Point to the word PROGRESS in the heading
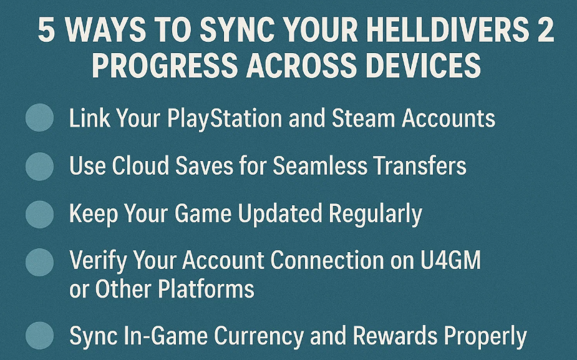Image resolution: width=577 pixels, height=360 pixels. click(x=165, y=65)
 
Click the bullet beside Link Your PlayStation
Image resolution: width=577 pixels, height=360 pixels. click(x=39, y=117)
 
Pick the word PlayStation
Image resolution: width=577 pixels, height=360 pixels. click(x=225, y=119)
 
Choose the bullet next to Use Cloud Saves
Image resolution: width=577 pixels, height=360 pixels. click(x=39, y=167)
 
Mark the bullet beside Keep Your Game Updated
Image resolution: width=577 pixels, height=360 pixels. click(x=39, y=214)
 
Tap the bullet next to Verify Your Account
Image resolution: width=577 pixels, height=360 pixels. click(x=39, y=262)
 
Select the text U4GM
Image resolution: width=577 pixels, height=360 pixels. click(x=451, y=260)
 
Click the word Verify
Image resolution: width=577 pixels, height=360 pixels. click(x=99, y=261)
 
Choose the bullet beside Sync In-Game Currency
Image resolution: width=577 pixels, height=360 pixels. click(x=39, y=335)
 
